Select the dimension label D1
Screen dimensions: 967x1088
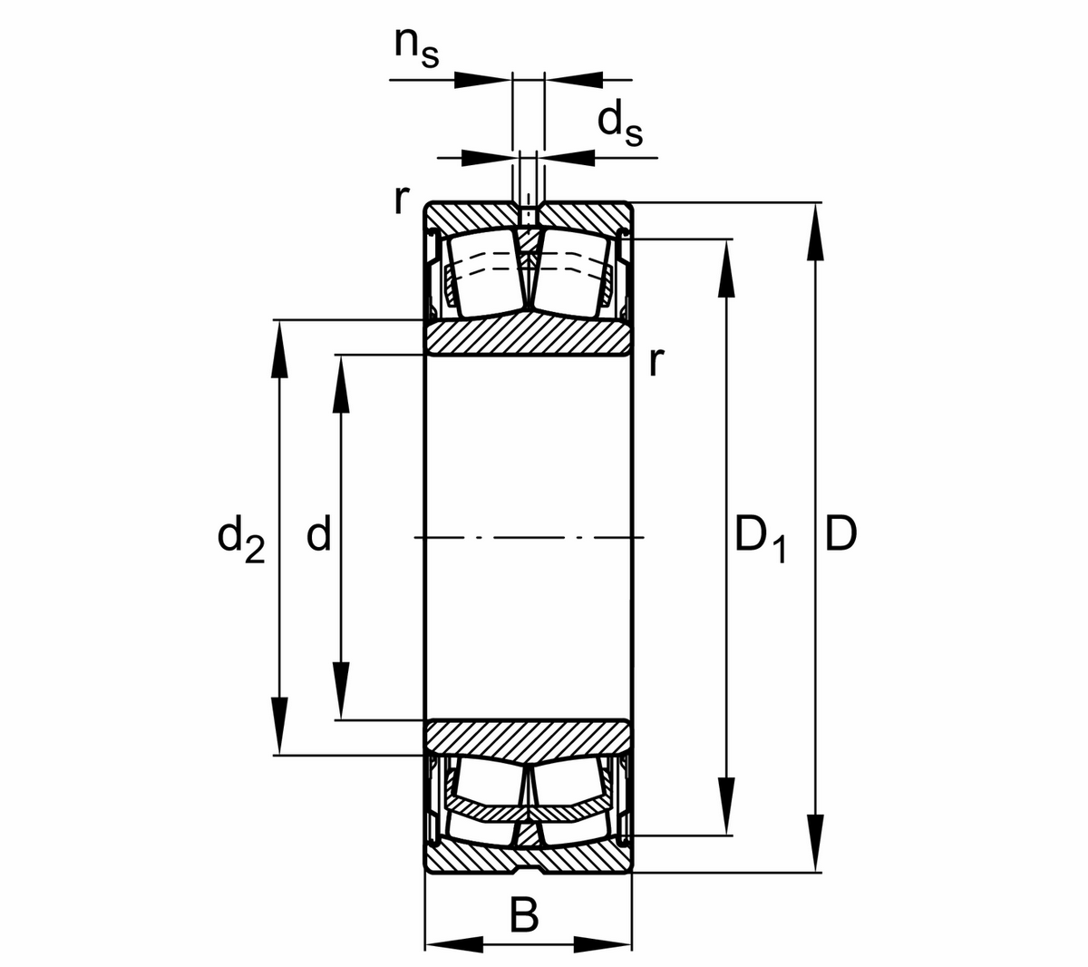[760, 537]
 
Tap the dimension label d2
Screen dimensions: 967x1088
[240, 537]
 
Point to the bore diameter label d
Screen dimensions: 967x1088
[318, 535]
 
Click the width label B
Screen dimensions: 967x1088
[524, 915]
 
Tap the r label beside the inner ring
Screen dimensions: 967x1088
[656, 362]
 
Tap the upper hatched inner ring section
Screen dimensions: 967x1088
[529, 337]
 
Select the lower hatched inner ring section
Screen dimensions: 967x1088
[529, 737]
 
